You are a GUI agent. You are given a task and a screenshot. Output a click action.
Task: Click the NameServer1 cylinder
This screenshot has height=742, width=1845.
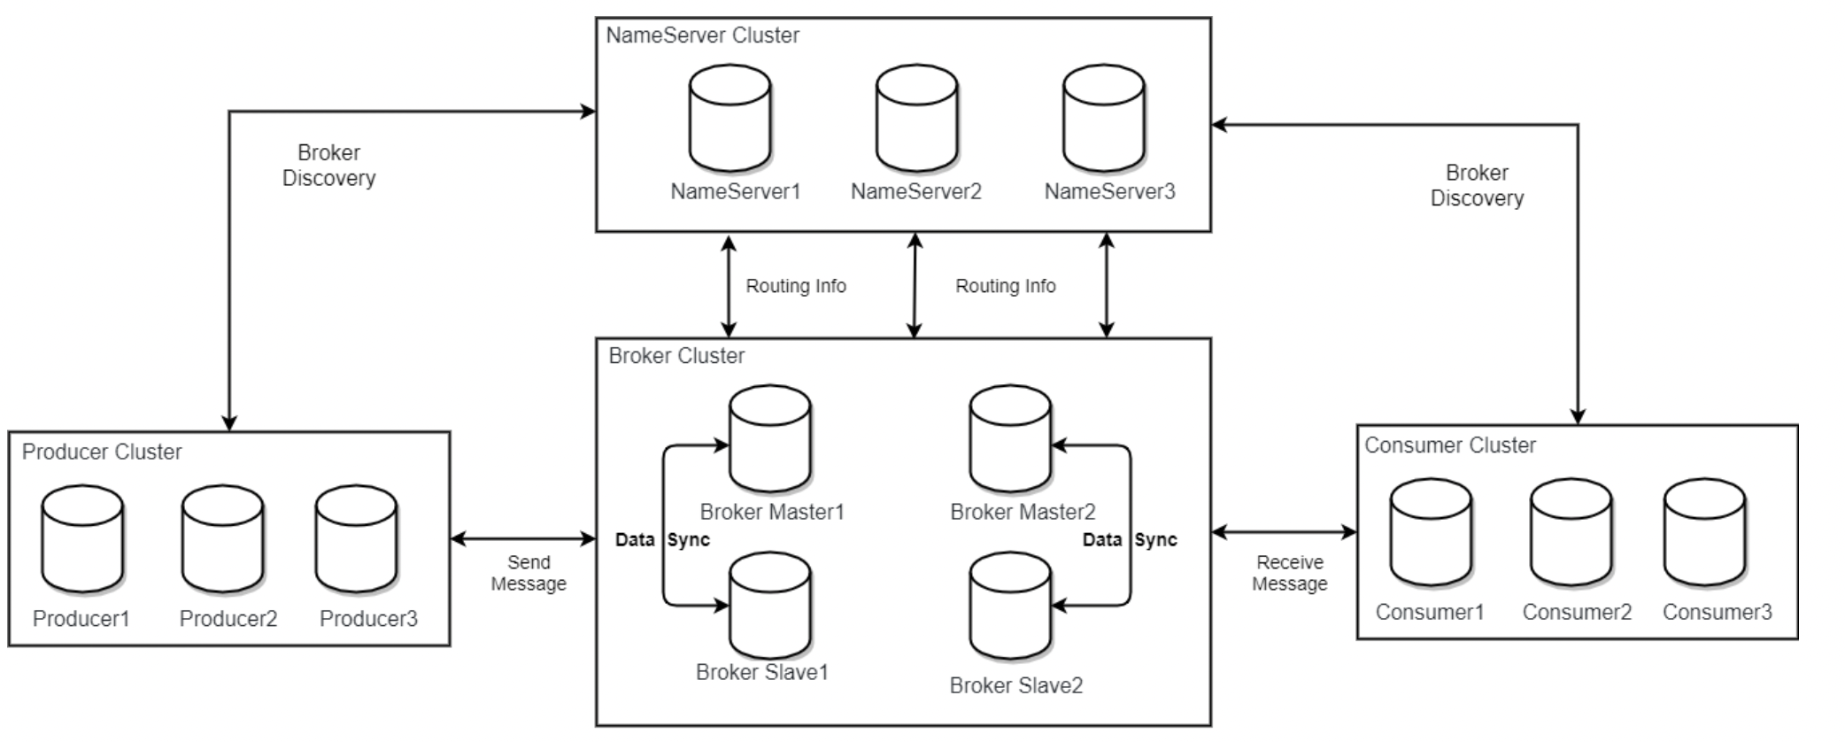pyautogui.click(x=730, y=119)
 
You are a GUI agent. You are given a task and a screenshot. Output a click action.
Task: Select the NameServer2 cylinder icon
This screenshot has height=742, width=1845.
pyautogui.click(x=917, y=119)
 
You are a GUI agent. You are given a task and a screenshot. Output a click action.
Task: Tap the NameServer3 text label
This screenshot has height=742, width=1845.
pyautogui.click(x=1109, y=191)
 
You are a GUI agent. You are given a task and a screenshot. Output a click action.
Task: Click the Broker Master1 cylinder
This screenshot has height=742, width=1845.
pyautogui.click(x=770, y=439)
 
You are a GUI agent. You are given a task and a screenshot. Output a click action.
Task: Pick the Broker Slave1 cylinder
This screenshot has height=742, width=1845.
pyautogui.click(x=770, y=607)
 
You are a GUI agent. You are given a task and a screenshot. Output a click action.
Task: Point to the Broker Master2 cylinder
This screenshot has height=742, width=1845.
pyautogui.click(x=1011, y=439)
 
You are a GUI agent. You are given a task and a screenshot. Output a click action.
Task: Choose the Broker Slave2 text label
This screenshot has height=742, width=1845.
pyautogui.click(x=1016, y=685)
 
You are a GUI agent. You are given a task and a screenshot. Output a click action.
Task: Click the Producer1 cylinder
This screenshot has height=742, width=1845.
pyautogui.click(x=83, y=539)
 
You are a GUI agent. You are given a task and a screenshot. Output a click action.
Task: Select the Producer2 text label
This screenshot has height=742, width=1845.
pyautogui.click(x=228, y=619)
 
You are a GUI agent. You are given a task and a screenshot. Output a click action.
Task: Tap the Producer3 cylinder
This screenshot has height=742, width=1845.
pyautogui.click(x=357, y=539)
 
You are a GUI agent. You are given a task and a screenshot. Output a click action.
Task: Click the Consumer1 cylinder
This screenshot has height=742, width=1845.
pyautogui.click(x=1432, y=533)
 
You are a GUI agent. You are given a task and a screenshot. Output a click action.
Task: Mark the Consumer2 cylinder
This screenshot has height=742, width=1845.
pyautogui.click(x=1572, y=533)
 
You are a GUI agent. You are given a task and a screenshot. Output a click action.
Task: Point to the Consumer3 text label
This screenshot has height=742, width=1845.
pyautogui.click(x=1718, y=612)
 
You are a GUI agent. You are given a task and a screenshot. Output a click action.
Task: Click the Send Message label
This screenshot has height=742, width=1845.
pyautogui.click(x=529, y=573)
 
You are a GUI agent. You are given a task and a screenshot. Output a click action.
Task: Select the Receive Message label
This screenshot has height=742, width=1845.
pyautogui.click(x=1290, y=573)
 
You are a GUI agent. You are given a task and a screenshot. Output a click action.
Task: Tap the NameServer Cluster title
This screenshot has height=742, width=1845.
pyautogui.click(x=703, y=35)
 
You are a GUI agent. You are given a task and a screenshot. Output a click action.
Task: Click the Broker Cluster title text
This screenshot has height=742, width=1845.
pyautogui.click(x=677, y=356)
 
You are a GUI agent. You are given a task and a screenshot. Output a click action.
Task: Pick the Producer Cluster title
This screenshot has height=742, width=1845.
pyautogui.click(x=102, y=452)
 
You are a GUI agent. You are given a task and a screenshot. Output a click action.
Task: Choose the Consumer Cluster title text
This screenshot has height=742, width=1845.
pyautogui.click(x=1450, y=445)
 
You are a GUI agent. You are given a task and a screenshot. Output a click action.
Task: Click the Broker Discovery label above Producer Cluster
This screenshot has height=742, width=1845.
pyautogui.click(x=329, y=166)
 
